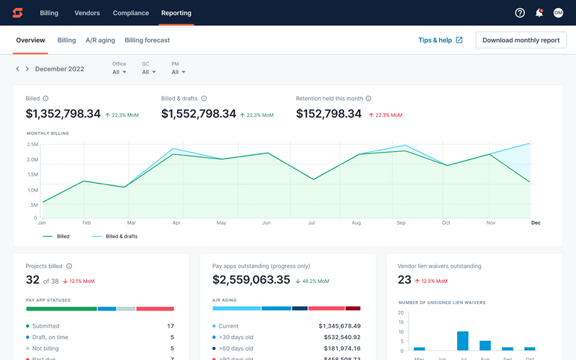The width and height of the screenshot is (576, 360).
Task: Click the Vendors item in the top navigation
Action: (x=87, y=13)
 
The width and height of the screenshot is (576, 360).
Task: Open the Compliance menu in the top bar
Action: (x=130, y=13)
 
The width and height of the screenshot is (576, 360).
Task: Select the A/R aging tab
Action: (x=100, y=40)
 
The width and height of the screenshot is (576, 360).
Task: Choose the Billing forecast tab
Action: (x=148, y=40)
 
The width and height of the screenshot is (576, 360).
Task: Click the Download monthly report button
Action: (x=521, y=40)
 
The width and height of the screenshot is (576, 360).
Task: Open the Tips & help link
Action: (x=440, y=40)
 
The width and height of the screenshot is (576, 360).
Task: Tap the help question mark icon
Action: (x=521, y=13)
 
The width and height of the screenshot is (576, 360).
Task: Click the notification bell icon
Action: (x=539, y=13)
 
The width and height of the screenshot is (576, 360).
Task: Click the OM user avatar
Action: (x=558, y=13)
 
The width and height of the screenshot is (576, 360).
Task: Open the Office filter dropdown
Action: (x=120, y=71)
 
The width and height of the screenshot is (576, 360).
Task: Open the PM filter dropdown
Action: (x=179, y=71)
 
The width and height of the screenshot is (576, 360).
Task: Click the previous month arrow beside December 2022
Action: (x=18, y=69)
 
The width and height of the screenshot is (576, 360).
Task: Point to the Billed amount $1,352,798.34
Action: (x=63, y=114)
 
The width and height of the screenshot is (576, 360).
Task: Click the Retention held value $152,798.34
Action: (x=329, y=114)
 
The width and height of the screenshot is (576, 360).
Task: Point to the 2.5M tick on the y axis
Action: (x=33, y=144)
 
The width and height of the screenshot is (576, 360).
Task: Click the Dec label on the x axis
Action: (x=535, y=222)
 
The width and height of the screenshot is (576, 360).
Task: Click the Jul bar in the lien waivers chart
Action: (x=463, y=341)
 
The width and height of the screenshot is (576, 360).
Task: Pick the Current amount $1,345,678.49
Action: (x=339, y=326)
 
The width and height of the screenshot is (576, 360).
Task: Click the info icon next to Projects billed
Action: (x=70, y=266)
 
